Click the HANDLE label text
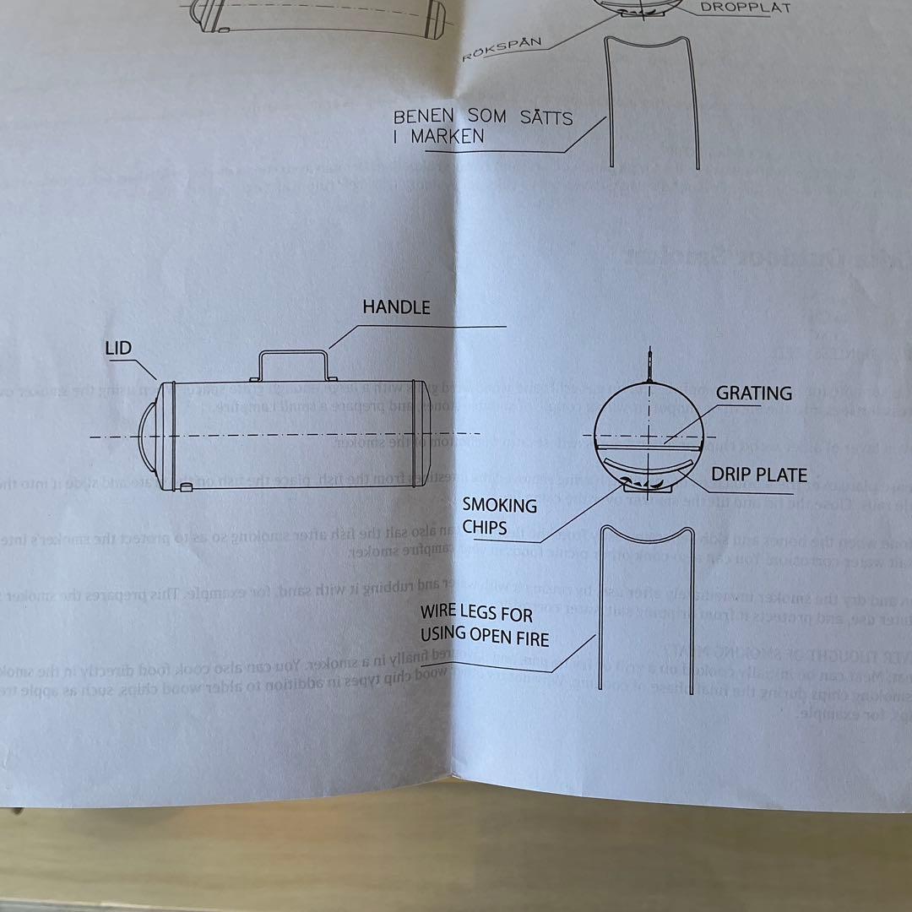pyautogui.click(x=396, y=307)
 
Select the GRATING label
pyautogui.click(x=754, y=394)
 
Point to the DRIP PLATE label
pyautogui.click(x=758, y=475)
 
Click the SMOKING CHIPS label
pyautogui.click(x=499, y=517)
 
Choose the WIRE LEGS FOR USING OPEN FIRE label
pyautogui.click(x=484, y=625)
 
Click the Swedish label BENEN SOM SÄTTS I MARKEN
pyautogui.click(x=482, y=126)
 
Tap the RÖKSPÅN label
pyautogui.click(x=502, y=48)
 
